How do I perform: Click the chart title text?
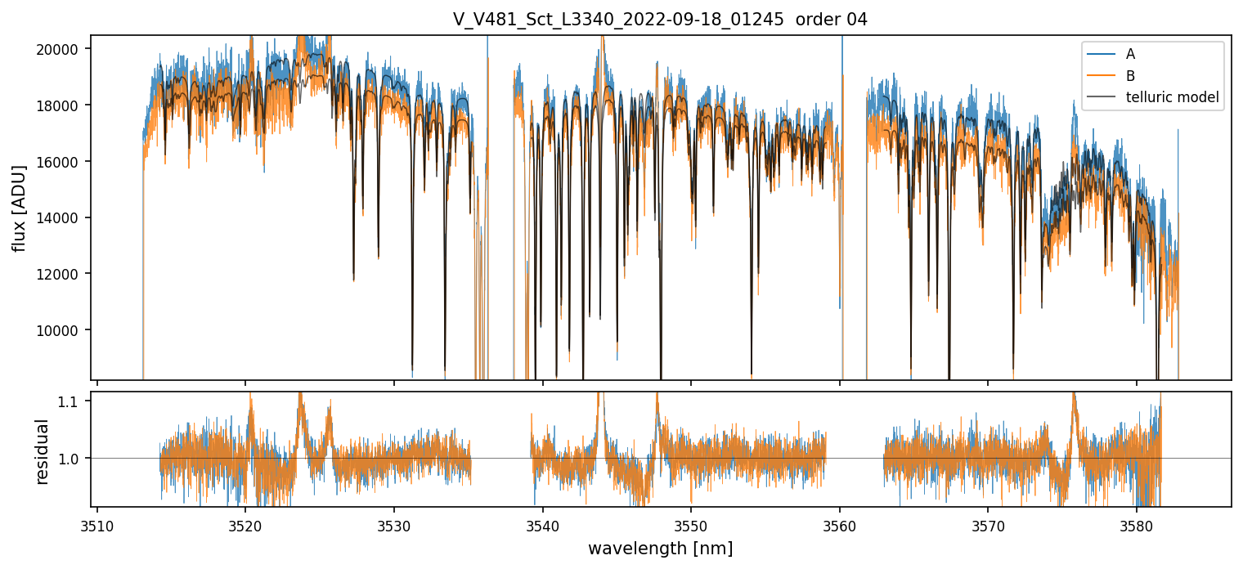point(660,20)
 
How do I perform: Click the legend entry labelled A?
point(1130,54)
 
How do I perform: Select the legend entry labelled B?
point(1130,76)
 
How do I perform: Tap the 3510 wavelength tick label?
point(97,525)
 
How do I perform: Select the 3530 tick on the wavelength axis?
point(394,525)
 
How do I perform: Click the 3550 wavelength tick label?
point(691,525)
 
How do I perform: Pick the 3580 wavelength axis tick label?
point(1137,525)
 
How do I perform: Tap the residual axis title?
point(43,451)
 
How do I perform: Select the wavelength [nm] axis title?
point(660,548)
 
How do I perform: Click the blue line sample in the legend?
point(1102,54)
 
